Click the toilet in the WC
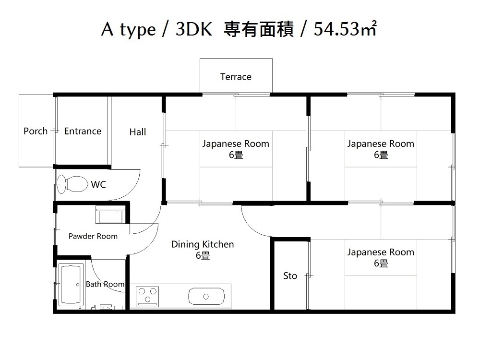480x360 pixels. [x=72, y=184]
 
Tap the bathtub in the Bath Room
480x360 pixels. [x=71, y=284]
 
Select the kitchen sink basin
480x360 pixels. [x=206, y=296]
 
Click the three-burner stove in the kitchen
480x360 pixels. [x=147, y=296]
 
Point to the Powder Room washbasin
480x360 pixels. [x=110, y=215]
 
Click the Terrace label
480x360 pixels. [x=236, y=76]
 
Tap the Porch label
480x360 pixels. [x=36, y=131]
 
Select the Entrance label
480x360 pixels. [x=83, y=131]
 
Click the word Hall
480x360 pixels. [x=137, y=132]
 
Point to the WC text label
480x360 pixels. [x=98, y=184]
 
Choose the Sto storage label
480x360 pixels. [x=290, y=276]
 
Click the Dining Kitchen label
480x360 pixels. [x=203, y=244]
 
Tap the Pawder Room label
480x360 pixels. [x=93, y=236]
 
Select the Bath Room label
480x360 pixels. [x=105, y=284]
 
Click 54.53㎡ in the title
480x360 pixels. [x=345, y=29]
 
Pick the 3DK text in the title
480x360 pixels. [x=194, y=29]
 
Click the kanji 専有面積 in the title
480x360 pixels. [x=259, y=29]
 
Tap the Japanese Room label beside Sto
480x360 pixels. [x=381, y=252]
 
